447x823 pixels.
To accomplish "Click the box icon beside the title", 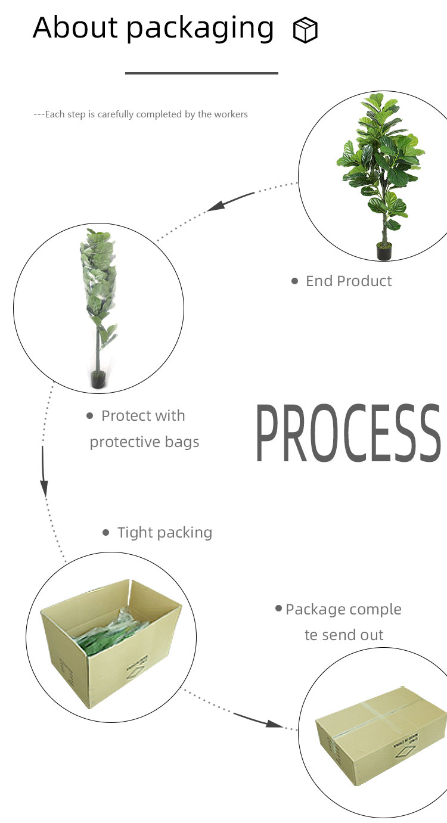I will pyautogui.click(x=305, y=30).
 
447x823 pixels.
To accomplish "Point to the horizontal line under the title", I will pyautogui.click(x=201, y=73).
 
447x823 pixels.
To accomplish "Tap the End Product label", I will pyautogui.click(x=349, y=281).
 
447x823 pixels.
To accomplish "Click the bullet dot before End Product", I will pyautogui.click(x=294, y=281).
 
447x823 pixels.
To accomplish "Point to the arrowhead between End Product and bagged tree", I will pyautogui.click(x=216, y=206).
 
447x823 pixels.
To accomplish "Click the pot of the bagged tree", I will pyautogui.click(x=98, y=380).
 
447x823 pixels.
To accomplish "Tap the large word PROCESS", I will pyautogui.click(x=348, y=433).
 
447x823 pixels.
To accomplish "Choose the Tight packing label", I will pyautogui.click(x=164, y=533).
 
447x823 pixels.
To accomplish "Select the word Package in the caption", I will pyautogui.click(x=315, y=610).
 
